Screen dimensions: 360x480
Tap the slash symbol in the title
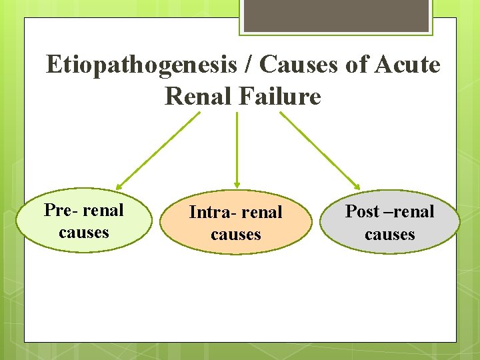(248, 65)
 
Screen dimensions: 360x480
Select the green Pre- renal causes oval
(84, 221)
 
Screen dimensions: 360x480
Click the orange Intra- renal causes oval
(236, 223)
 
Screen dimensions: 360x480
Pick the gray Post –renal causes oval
(389, 223)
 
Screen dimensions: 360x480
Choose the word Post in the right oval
(363, 212)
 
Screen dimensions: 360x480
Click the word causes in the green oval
(84, 233)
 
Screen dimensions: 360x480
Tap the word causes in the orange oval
(236, 235)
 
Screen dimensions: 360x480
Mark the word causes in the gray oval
(390, 235)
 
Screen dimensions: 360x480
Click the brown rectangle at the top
(335, 15)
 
